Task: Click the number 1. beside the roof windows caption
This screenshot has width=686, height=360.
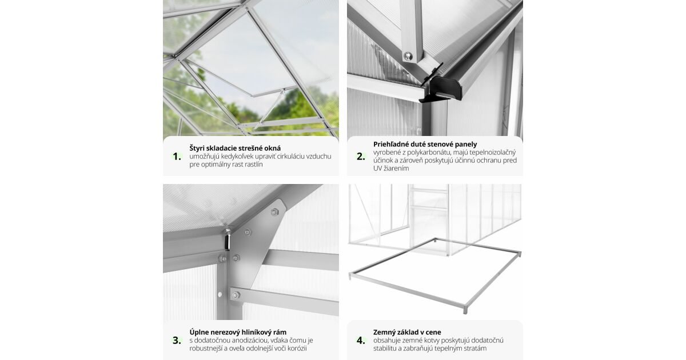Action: pyautogui.click(x=177, y=157)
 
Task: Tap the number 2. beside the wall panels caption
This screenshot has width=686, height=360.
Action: pyautogui.click(x=361, y=157)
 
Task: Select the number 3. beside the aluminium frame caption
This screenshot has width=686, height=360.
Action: pyautogui.click(x=177, y=341)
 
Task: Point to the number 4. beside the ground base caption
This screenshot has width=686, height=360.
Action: pyautogui.click(x=361, y=341)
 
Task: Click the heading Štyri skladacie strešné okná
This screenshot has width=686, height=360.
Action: pyautogui.click(x=235, y=148)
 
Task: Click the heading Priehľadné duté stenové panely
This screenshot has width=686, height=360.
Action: pyautogui.click(x=425, y=144)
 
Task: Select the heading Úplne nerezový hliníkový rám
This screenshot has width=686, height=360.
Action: pyautogui.click(x=238, y=332)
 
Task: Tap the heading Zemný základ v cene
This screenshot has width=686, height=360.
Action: pyautogui.click(x=407, y=332)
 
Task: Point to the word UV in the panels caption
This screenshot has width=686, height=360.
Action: pyautogui.click(x=377, y=169)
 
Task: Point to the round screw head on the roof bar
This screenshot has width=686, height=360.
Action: pyautogui.click(x=408, y=56)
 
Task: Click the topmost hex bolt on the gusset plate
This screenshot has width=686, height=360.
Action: pyautogui.click(x=274, y=211)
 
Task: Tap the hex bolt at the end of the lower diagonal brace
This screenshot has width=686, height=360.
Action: pyautogui.click(x=236, y=295)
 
